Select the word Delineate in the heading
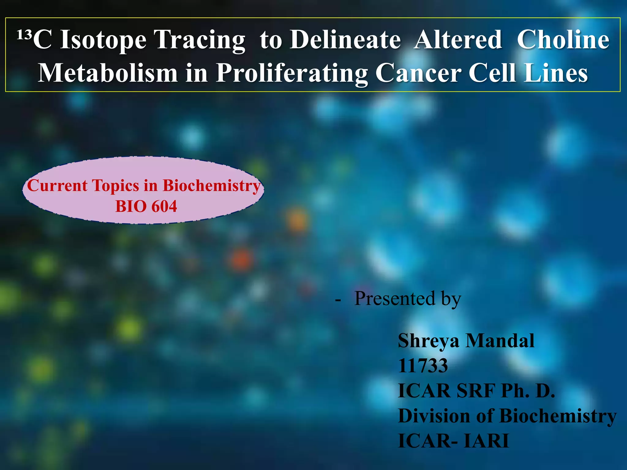click(x=345, y=40)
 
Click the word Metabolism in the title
click(x=108, y=73)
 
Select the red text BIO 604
click(x=146, y=206)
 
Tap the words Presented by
click(x=407, y=299)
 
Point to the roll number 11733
click(x=423, y=366)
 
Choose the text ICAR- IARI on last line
click(x=453, y=441)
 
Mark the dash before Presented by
click(x=338, y=300)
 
